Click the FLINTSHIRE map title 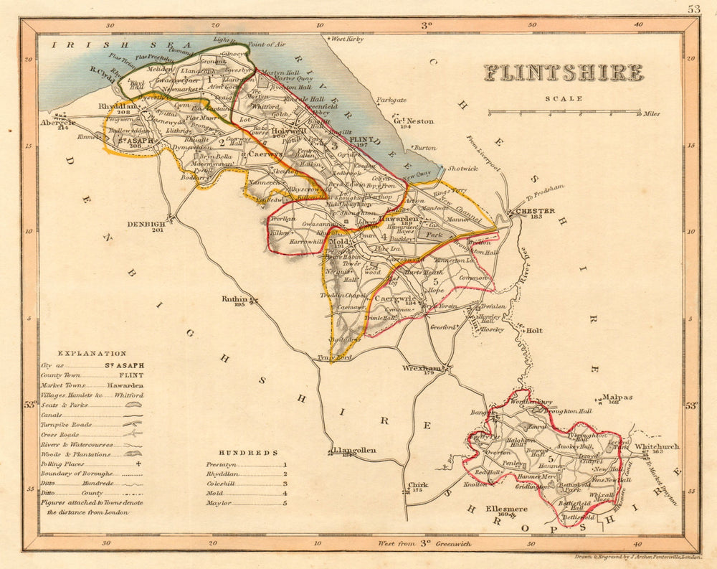tap(563, 73)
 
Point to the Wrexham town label tap(419, 368)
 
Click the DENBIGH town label tap(147, 223)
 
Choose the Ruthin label tap(234, 298)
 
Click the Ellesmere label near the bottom tap(506, 509)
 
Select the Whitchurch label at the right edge tap(657, 446)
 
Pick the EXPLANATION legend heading tap(92, 354)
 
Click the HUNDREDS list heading tap(248, 453)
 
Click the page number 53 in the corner tap(693, 9)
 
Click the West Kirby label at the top tap(347, 39)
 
